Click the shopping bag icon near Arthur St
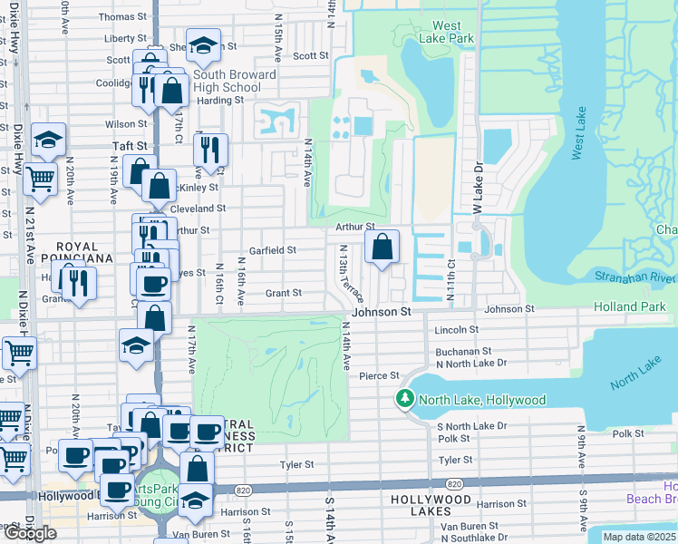click(x=383, y=247)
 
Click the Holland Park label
click(x=629, y=307)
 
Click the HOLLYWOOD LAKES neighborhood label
click(x=432, y=500)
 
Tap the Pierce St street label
click(x=379, y=375)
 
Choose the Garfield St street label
click(x=274, y=250)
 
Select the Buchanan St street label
click(x=463, y=351)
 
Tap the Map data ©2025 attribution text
click(x=639, y=537)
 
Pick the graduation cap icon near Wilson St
click(x=48, y=140)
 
